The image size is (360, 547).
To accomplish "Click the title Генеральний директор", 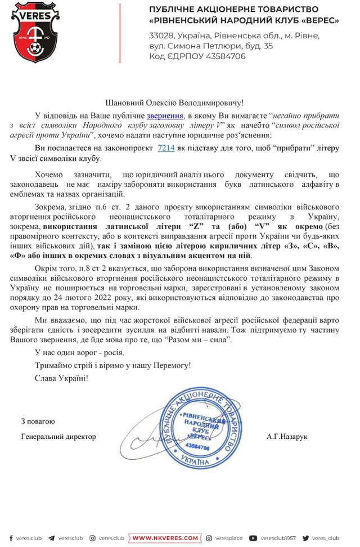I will (x=58, y=436).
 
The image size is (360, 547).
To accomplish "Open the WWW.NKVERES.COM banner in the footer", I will (x=165, y=538).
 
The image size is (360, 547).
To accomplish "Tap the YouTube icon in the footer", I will (x=253, y=538).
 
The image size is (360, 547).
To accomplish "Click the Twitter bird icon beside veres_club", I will (x=306, y=538).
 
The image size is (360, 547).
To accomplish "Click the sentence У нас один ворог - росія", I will (x=79, y=353).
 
